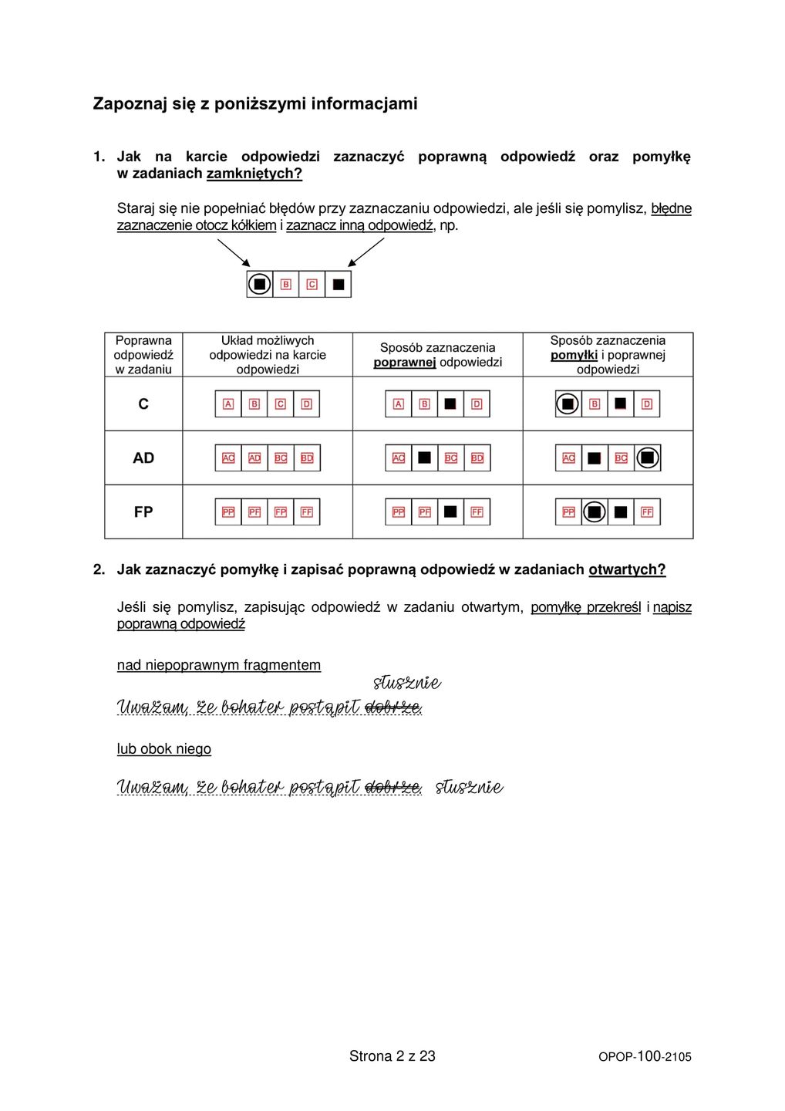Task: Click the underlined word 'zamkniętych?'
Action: tap(254, 174)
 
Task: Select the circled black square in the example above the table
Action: tap(260, 284)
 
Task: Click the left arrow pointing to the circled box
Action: tap(234, 252)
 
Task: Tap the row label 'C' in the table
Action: tap(143, 404)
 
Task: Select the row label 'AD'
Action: tap(143, 458)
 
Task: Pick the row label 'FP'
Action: tap(143, 512)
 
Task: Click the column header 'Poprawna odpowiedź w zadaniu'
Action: tap(143, 355)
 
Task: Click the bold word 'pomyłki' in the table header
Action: tap(574, 355)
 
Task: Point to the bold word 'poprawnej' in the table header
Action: tap(405, 363)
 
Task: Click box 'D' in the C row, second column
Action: tap(306, 404)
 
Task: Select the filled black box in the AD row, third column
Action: tap(424, 458)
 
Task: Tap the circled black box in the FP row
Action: tap(594, 512)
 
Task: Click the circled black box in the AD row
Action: tap(647, 458)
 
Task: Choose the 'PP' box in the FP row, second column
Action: tap(228, 512)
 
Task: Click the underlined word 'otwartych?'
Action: tap(627, 570)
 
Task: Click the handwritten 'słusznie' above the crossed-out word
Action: tap(406, 683)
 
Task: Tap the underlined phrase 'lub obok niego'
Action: tap(163, 749)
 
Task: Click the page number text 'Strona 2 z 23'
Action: tap(392, 1056)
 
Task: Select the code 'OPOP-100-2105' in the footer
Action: tap(645, 1057)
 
